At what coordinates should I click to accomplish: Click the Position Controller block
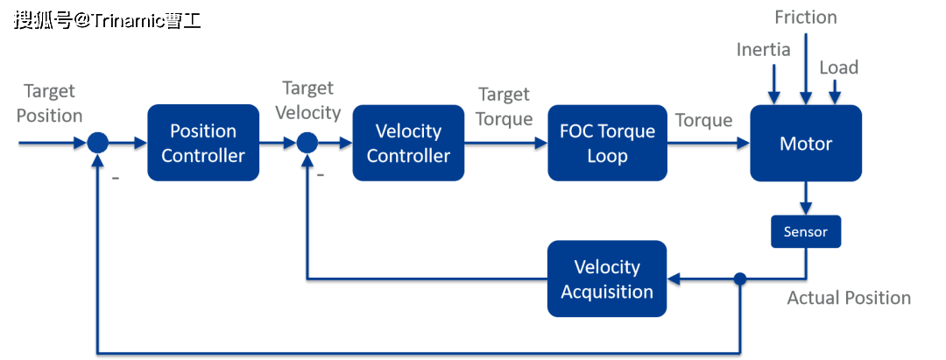[203, 143]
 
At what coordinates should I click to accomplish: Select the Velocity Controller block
[408, 143]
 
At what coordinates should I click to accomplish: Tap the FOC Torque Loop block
[607, 143]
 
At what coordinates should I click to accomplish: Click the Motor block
[806, 143]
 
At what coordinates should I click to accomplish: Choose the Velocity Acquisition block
[607, 279]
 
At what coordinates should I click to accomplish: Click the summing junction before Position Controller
[97, 143]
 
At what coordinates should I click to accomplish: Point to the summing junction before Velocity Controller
[307, 143]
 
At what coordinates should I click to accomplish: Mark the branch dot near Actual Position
[740, 279]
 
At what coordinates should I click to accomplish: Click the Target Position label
[50, 103]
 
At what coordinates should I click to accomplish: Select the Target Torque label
[505, 106]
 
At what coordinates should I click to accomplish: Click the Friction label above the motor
[806, 18]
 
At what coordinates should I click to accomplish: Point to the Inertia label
[764, 50]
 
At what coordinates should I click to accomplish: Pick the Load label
[838, 67]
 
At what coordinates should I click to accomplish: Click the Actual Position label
[849, 298]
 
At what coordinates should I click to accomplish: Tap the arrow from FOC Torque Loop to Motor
[708, 144]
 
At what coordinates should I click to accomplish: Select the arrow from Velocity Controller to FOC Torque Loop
[505, 144]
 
